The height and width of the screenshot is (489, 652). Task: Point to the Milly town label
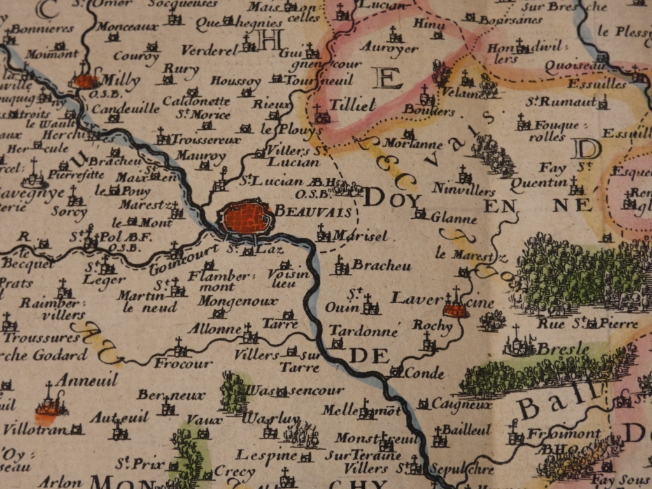[120, 81]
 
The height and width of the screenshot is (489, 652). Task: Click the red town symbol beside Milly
[85, 81]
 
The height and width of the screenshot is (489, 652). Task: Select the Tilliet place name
[353, 104]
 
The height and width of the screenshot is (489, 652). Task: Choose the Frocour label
[183, 364]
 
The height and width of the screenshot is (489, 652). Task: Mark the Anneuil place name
[87, 380]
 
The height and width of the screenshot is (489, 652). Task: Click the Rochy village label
[432, 325]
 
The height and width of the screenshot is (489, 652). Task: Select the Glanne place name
[453, 218]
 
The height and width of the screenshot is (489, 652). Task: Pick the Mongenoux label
[237, 301]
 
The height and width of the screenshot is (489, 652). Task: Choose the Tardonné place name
[364, 330]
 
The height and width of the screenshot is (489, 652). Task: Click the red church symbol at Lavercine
[456, 309]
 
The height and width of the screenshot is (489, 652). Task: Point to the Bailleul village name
[466, 430]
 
